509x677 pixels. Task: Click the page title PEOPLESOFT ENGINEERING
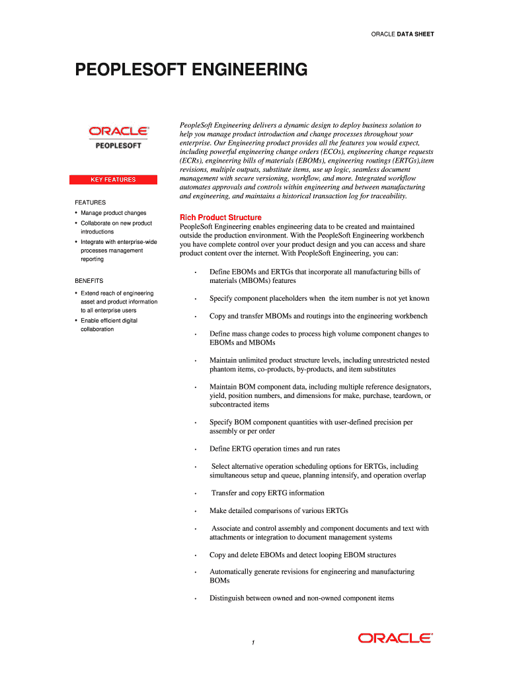tap(190, 69)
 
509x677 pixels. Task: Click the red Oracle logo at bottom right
tap(395, 638)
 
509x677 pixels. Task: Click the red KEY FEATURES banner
tap(113, 179)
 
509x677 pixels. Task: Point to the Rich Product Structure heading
tap(221, 218)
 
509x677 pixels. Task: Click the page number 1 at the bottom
tap(253, 643)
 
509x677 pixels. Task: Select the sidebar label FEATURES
tap(90, 202)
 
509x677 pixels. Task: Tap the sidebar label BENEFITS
tap(89, 281)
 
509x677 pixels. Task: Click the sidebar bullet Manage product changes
tap(113, 213)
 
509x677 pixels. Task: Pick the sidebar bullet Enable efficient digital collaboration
tap(109, 325)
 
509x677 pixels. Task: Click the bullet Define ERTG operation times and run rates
tap(274, 449)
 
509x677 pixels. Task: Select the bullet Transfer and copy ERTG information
tap(268, 493)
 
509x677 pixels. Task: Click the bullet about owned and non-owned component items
tap(301, 598)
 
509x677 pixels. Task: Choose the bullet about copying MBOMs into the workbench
tap(318, 317)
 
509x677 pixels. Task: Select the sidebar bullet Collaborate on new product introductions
tap(116, 227)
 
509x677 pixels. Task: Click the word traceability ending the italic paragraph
tap(387, 196)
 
